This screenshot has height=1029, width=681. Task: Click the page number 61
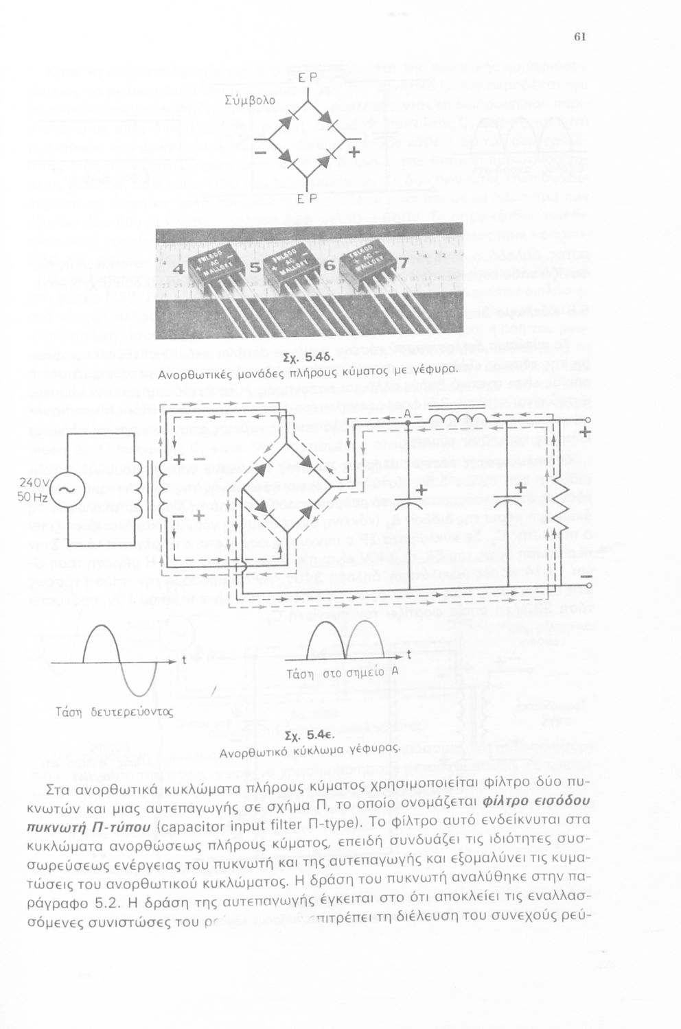[x=578, y=37]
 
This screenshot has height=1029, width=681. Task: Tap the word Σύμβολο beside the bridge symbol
[x=250, y=99]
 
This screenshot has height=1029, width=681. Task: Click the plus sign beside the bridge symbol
[x=354, y=150]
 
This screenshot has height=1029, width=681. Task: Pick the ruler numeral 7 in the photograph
[x=403, y=264]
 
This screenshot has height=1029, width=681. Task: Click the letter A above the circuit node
[x=406, y=414]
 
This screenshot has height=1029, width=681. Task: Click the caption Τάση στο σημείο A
[x=342, y=672]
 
